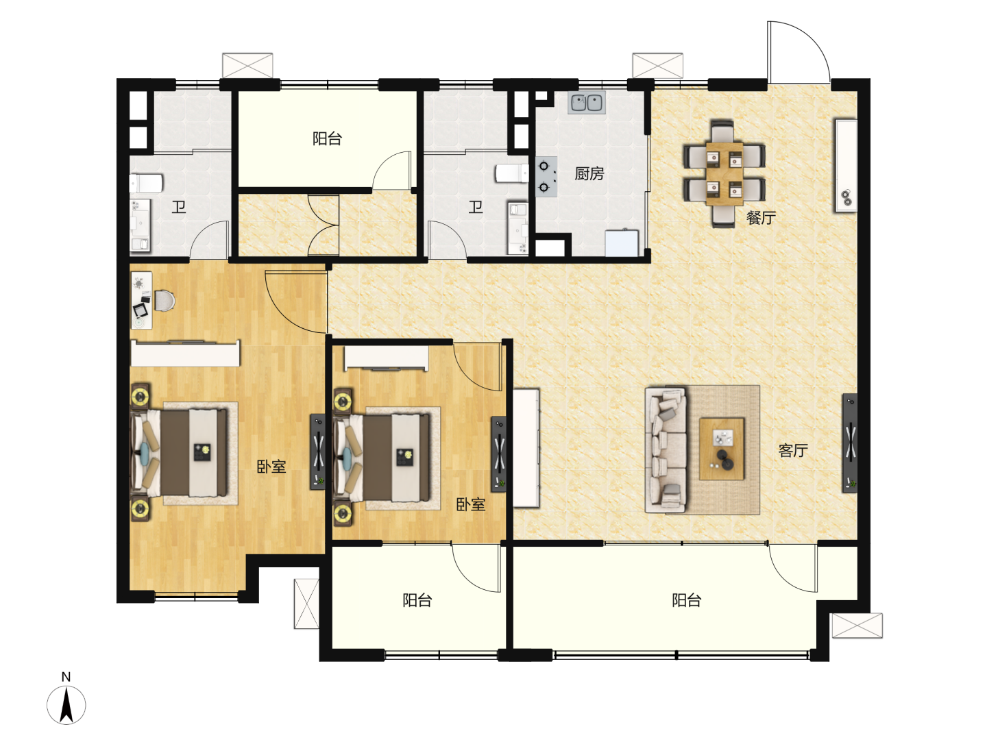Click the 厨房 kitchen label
click(x=589, y=173)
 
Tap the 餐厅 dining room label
click(x=761, y=218)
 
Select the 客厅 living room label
click(x=793, y=450)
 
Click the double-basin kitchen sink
click(x=586, y=103)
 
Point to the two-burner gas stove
click(x=546, y=177)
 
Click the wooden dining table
click(x=724, y=174)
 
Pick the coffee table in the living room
click(x=722, y=449)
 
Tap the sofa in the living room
click(x=666, y=450)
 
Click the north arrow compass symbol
click(x=66, y=705)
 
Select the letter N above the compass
click(x=66, y=676)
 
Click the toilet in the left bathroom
click(x=146, y=183)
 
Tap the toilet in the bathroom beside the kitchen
click(x=512, y=173)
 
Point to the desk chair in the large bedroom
click(x=164, y=300)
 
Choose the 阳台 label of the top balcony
click(x=328, y=138)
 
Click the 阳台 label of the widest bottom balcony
click(x=687, y=600)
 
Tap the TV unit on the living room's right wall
click(x=850, y=443)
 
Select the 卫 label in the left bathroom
click(x=178, y=207)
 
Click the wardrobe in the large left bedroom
click(x=185, y=353)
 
